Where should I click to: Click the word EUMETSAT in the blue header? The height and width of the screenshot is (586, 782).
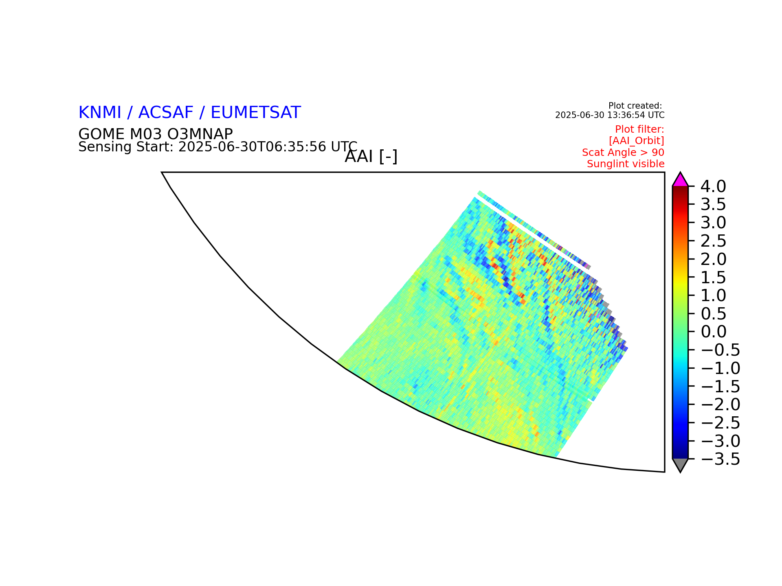(256, 113)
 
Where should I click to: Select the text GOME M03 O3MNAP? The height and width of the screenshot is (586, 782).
(156, 134)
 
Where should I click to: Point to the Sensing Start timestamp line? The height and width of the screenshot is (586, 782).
(218, 147)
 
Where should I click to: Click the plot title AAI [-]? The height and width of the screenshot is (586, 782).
(371, 157)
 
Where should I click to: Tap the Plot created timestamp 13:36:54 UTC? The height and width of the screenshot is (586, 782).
(636, 115)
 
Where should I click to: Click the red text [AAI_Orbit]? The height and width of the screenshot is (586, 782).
(637, 141)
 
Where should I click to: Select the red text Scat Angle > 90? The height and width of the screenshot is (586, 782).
(623, 153)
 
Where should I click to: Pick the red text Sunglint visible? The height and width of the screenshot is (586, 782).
(626, 164)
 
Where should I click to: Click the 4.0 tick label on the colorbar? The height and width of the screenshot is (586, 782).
(713, 187)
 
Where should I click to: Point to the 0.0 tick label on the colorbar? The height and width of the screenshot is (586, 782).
(713, 332)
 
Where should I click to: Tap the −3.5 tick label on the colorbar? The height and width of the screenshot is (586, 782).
(720, 459)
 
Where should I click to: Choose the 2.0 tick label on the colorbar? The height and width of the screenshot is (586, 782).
(713, 260)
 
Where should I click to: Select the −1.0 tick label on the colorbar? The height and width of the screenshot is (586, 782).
(720, 369)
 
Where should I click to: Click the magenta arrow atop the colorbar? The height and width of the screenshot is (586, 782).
(680, 180)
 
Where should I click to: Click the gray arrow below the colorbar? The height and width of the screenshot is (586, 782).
(680, 464)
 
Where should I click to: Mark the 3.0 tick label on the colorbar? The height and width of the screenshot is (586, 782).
(713, 223)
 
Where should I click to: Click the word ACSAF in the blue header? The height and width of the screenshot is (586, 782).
(166, 113)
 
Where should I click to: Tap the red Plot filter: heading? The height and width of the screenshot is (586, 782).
(639, 129)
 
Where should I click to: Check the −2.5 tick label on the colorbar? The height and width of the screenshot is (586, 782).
(720, 423)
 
